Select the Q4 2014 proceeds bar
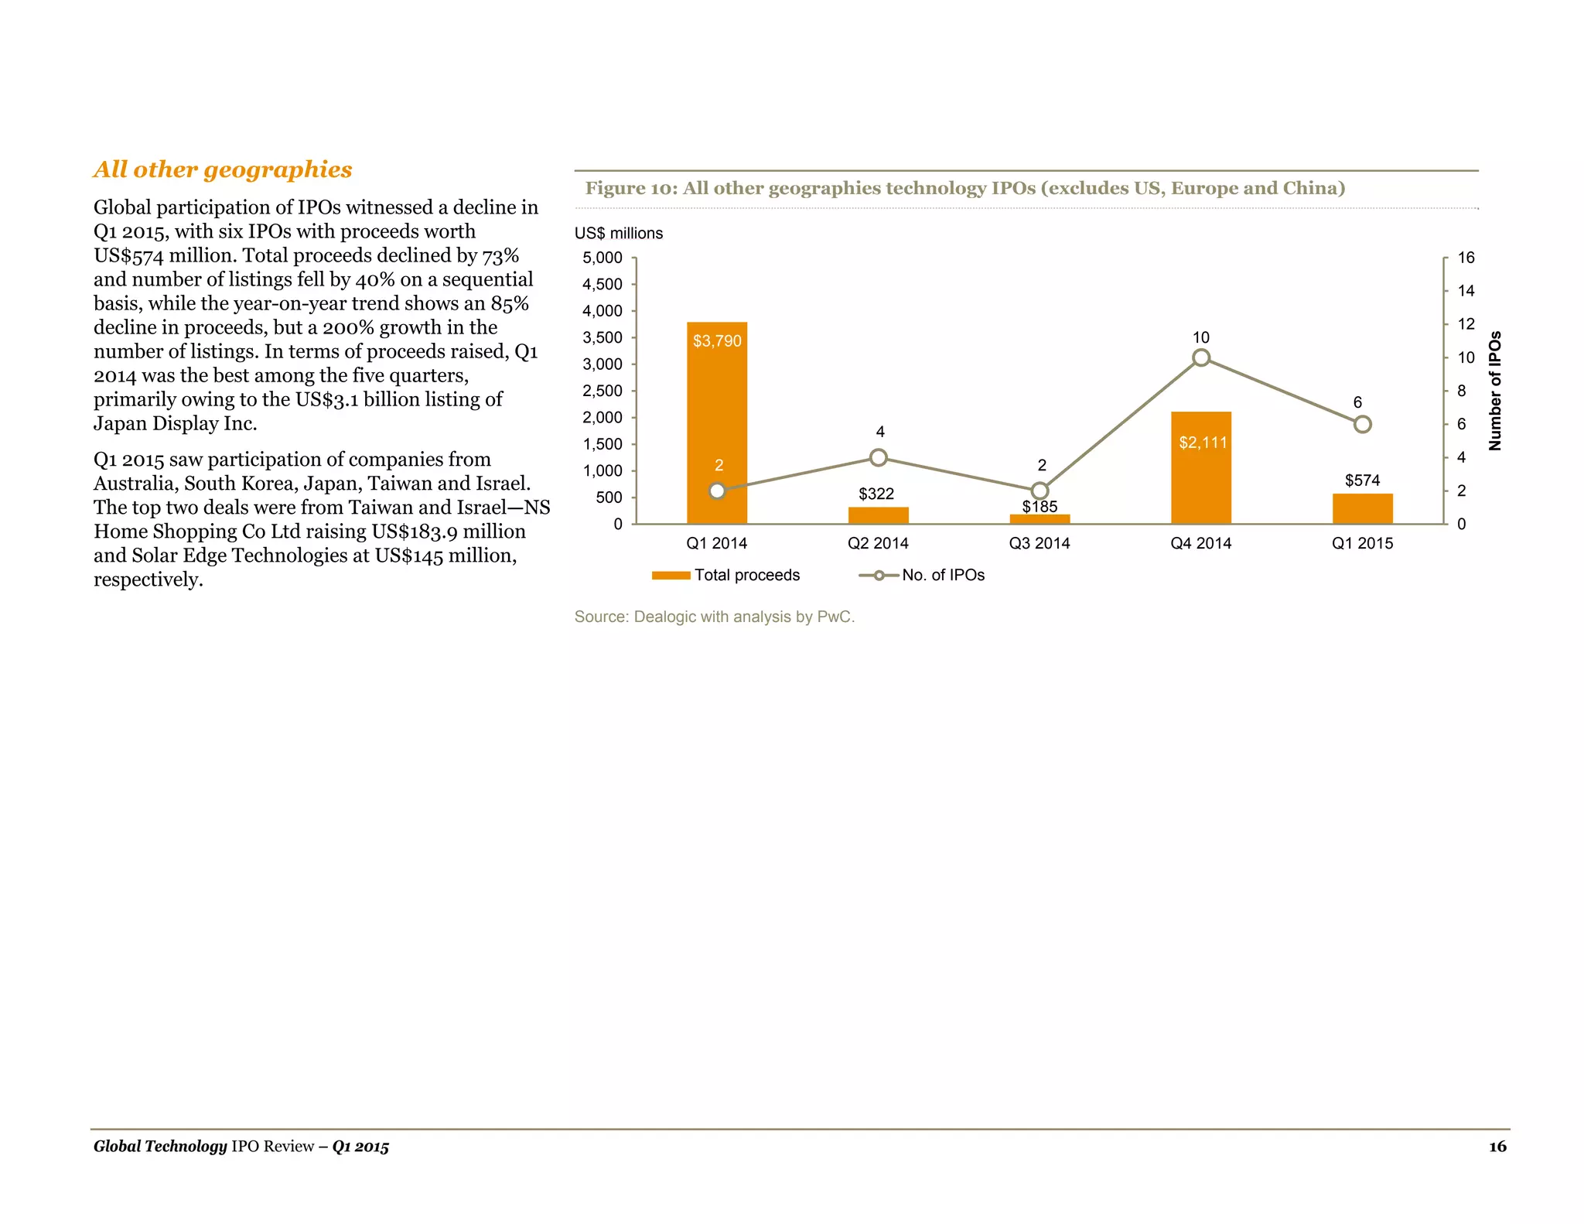click(1200, 480)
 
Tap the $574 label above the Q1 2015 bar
click(1362, 480)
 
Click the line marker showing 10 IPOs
click(1200, 357)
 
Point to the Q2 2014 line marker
click(878, 457)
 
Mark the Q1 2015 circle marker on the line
click(1362, 424)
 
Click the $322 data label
click(876, 494)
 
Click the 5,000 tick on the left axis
click(603, 258)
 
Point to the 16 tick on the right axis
click(1466, 258)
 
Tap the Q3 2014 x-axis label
click(1039, 543)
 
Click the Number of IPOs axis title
click(1495, 391)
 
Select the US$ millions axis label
click(618, 234)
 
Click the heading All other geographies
click(223, 169)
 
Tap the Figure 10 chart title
click(964, 188)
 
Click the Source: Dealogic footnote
click(714, 617)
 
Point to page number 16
click(1497, 1147)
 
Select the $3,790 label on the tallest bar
click(717, 341)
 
